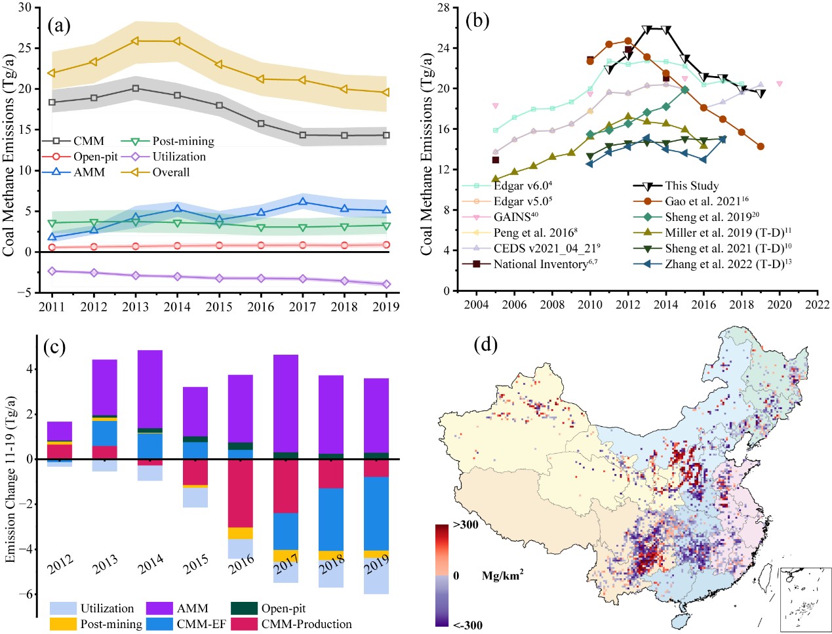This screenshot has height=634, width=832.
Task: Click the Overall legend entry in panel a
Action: pyautogui.click(x=170, y=172)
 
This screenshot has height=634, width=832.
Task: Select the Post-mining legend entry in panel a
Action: pyautogui.click(x=183, y=141)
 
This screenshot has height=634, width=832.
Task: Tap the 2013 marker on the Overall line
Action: pyautogui.click(x=136, y=41)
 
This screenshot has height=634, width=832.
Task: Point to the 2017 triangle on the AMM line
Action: pyautogui.click(x=303, y=202)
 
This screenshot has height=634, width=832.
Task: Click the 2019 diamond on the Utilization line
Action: pyautogui.click(x=386, y=284)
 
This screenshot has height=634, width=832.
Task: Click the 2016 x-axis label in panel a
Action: pyautogui.click(x=261, y=307)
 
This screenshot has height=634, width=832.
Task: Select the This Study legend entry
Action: pyautogui.click(x=691, y=186)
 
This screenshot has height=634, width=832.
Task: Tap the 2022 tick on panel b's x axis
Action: pyautogui.click(x=817, y=304)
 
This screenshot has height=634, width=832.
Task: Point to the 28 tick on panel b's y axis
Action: pyautogui.click(x=443, y=8)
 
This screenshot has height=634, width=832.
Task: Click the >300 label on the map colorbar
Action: pyautogui.click(x=465, y=525)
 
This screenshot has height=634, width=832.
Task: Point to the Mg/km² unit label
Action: pyautogui.click(x=502, y=576)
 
